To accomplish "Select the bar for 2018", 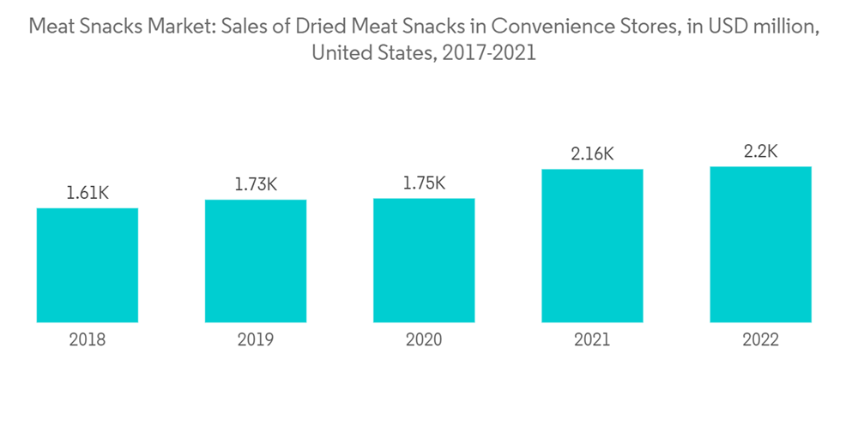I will tap(88, 265).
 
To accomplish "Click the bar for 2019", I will tap(256, 261).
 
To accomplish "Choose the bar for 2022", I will tap(760, 244).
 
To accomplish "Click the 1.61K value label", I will tap(88, 193).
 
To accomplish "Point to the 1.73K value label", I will tap(256, 184).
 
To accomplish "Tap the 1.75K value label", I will tap(424, 183).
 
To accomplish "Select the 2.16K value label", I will tap(592, 154).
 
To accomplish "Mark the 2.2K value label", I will tap(760, 152).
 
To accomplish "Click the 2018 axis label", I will tap(88, 340).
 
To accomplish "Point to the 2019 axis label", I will tap(256, 340).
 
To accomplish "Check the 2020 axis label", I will tap(424, 340).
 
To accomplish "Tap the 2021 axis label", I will tap(592, 340).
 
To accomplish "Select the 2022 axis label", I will tap(760, 340).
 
